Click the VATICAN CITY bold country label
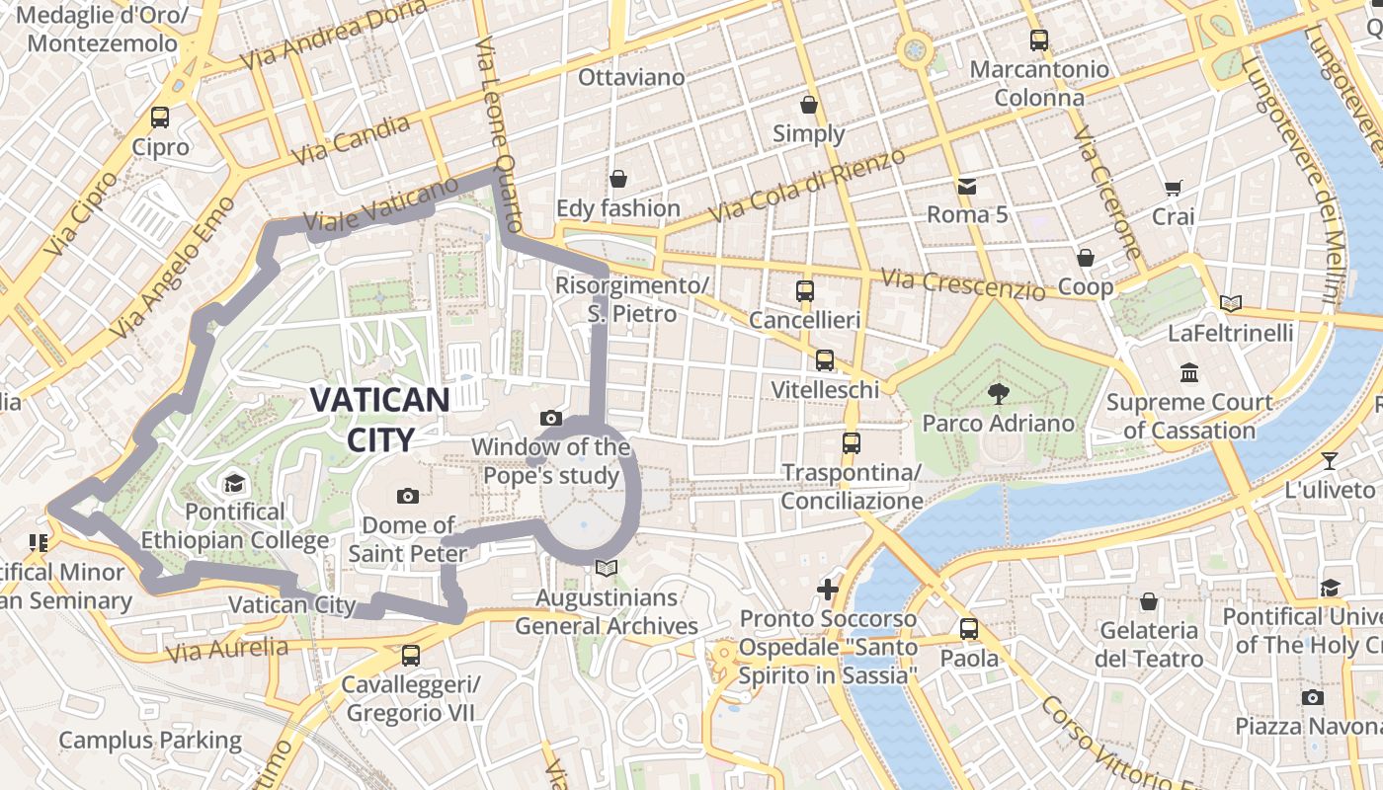(x=380, y=418)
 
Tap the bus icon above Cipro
(x=160, y=118)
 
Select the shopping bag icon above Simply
(x=809, y=104)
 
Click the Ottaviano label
(x=631, y=77)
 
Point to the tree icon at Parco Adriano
(x=998, y=393)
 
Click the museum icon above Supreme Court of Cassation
(x=1189, y=372)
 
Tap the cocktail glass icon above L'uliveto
(x=1330, y=460)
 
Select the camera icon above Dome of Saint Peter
(x=407, y=496)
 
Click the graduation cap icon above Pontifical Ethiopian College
(x=234, y=483)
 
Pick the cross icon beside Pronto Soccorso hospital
(x=828, y=590)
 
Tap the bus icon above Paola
(x=968, y=628)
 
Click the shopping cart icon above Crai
(x=1174, y=188)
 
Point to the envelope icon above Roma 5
(x=966, y=186)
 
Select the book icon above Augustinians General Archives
(x=607, y=569)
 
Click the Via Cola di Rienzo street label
(x=807, y=186)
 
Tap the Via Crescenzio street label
(x=963, y=284)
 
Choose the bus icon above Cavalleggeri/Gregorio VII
(x=411, y=655)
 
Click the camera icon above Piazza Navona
(x=1312, y=697)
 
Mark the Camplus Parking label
(x=150, y=740)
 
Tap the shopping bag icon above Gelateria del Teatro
(x=1148, y=601)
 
